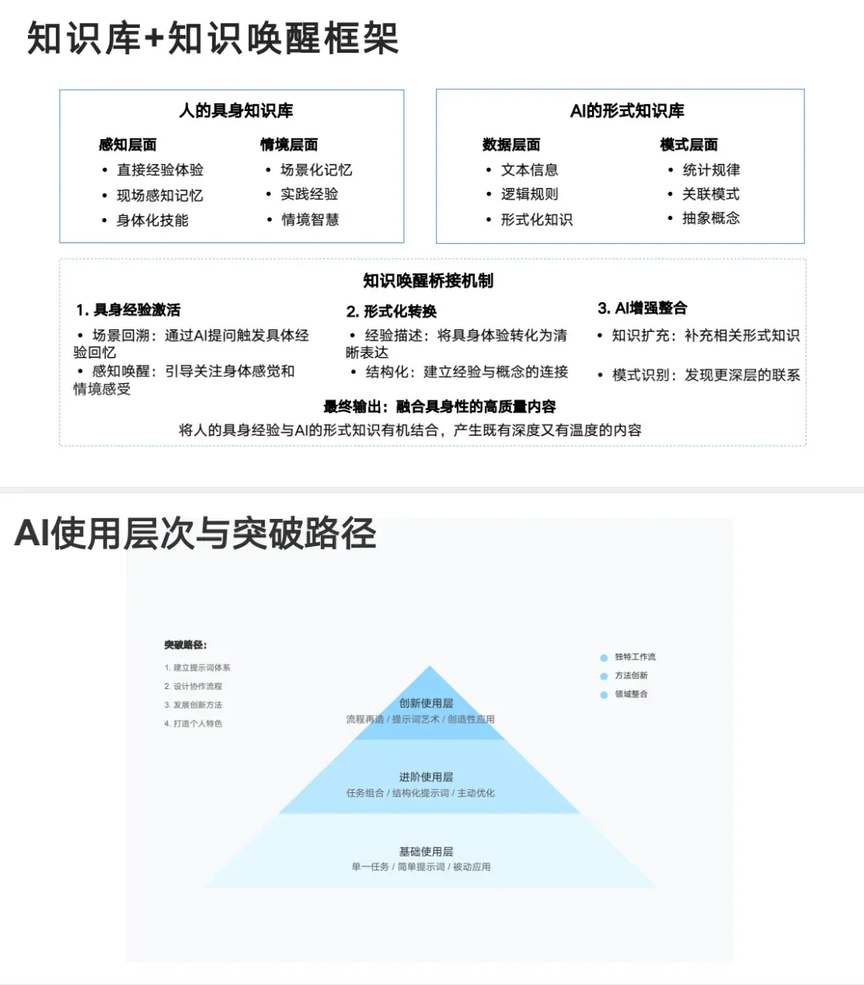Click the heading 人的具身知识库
236,111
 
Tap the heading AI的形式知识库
627,111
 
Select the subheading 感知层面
128,145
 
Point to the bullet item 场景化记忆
316,169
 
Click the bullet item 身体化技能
152,220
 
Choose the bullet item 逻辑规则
530,194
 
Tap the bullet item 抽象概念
710,217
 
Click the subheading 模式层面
689,145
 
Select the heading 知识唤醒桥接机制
428,281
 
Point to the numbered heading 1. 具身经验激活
129,309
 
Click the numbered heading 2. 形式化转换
391,311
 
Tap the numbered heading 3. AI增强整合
642,308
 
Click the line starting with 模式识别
706,375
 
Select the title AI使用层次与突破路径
195,533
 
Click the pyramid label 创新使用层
426,703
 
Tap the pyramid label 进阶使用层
426,777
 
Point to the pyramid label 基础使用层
426,851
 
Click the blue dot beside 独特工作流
604,658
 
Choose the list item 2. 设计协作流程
193,686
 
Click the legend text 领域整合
631,694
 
